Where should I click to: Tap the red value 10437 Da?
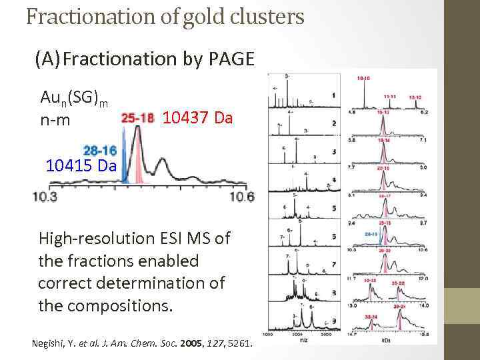197,119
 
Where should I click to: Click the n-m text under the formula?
55,121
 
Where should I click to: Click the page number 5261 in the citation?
237,343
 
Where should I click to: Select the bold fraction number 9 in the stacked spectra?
333,322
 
